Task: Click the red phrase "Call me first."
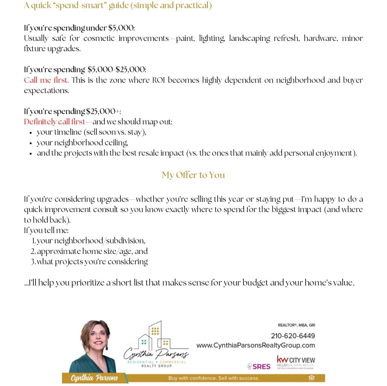coord(46,80)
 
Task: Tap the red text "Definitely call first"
coord(54,122)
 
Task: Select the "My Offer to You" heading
coord(193,175)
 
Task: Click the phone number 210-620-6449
coord(293,336)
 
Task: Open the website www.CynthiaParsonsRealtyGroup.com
coord(256,345)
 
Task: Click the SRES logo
coord(259,367)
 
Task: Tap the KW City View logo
coord(296,362)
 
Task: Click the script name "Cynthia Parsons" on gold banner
coord(94,378)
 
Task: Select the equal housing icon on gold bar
coord(311,378)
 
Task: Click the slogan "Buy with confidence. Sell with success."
coord(214,378)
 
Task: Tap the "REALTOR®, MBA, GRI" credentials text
coord(296,325)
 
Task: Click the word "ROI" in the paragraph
coord(158,80)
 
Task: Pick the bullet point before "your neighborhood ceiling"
coord(31,143)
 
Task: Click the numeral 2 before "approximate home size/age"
coord(33,251)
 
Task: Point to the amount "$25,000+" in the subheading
coord(103,111)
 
